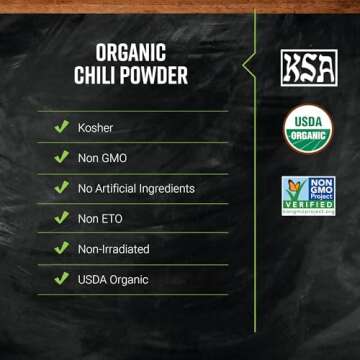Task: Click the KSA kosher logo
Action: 307,68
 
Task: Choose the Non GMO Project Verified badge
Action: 308,196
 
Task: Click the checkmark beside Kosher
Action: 61,127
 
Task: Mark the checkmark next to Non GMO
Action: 61,158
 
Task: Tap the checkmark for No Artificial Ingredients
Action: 61,188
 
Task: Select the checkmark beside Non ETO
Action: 61,219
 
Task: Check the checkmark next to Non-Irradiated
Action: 61,249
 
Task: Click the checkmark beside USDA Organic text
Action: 61,280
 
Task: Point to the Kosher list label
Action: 97,127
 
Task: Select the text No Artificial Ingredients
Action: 136,188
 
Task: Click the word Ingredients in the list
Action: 164,188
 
